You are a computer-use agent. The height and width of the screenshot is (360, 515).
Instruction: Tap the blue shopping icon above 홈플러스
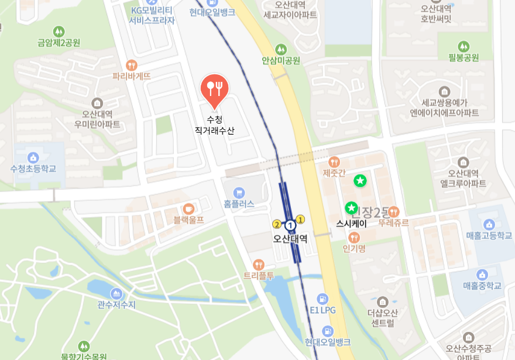coord(238,192)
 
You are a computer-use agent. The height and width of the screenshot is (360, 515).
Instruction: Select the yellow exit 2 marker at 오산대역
coord(277,224)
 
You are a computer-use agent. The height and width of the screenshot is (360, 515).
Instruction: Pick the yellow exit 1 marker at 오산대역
coord(301,220)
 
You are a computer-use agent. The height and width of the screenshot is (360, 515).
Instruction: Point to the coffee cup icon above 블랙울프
coord(188,208)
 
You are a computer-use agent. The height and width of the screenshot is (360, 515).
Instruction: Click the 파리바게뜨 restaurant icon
coord(132,66)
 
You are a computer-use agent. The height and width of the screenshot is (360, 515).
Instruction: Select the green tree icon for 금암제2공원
coord(59,31)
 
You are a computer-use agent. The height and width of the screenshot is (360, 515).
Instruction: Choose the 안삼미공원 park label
coord(281,60)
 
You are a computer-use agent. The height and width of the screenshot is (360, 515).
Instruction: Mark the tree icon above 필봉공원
coord(463,46)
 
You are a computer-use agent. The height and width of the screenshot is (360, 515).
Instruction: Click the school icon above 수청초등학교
coord(33,157)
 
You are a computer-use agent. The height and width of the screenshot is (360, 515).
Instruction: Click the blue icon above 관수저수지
coord(116,293)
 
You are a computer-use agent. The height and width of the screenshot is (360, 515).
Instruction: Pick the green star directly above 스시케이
coord(351,208)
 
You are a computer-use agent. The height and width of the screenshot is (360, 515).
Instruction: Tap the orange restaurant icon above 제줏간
coord(334,162)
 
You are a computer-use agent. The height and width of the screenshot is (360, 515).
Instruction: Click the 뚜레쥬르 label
coord(393,223)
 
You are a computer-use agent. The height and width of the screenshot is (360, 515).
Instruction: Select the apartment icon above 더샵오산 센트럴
coord(383,302)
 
